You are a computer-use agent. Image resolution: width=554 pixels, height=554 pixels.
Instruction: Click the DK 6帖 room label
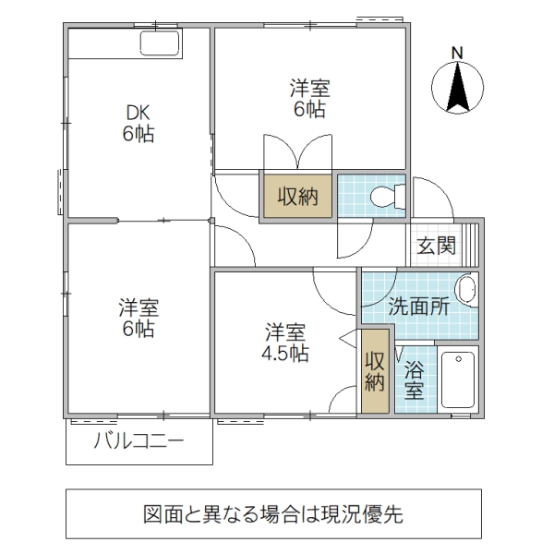[138, 123]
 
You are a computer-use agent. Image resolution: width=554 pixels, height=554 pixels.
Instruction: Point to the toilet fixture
[388, 196]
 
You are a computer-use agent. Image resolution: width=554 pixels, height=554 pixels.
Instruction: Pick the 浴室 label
[414, 380]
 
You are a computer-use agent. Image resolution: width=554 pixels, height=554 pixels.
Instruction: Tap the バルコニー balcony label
[138, 441]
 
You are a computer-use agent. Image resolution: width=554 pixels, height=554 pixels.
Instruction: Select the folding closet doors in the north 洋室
[296, 153]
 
